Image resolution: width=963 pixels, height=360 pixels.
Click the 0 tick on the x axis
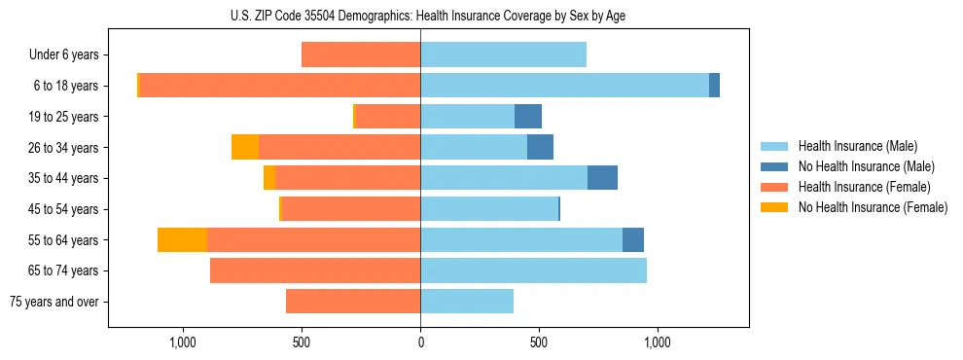coord(420,342)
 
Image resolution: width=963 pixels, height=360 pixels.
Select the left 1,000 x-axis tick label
coord(183,342)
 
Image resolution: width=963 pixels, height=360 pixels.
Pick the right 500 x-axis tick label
coord(539,342)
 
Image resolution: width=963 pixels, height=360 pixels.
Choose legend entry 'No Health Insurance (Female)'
coord(873,207)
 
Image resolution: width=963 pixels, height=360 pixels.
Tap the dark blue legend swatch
coord(774,166)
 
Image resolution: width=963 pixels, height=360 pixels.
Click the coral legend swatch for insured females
coord(774,187)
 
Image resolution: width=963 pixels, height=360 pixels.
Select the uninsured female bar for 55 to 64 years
coord(182,240)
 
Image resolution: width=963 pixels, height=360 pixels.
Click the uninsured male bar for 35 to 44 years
coord(602,178)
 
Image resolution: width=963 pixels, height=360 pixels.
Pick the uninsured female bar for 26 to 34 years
coord(245,147)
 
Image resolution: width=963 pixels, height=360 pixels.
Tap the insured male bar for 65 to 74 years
coord(533,270)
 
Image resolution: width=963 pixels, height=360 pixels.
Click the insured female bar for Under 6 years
coord(361,55)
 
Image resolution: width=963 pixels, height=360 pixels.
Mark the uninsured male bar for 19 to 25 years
coord(528,117)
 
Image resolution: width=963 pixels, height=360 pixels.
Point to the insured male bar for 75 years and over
coord(467,302)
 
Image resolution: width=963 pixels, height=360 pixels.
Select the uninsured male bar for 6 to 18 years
coord(714,86)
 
